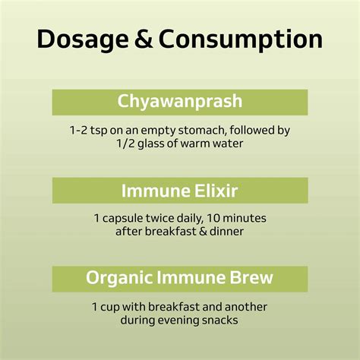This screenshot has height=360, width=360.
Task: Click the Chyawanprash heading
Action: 180,102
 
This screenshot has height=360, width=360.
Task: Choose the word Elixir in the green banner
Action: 221,190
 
